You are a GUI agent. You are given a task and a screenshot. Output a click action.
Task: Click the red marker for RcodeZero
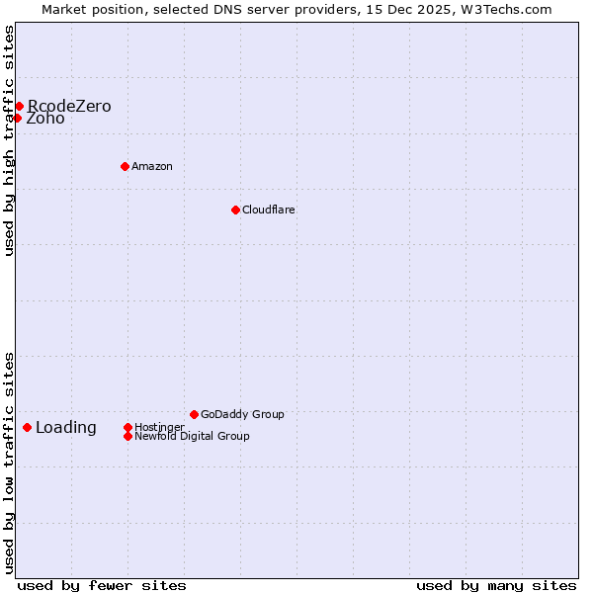click(19, 106)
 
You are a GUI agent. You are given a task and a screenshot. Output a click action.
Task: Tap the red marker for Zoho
click(17, 119)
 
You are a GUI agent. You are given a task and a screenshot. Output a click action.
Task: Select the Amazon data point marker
click(125, 166)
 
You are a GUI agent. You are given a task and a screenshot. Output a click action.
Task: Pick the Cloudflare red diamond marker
click(235, 210)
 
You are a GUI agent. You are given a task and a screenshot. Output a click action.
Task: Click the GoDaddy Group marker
click(194, 414)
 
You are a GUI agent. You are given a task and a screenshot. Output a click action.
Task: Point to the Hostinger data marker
click(127, 427)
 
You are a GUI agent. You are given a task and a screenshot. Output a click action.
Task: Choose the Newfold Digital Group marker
click(127, 436)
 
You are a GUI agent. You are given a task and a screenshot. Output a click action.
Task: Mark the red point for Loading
click(27, 427)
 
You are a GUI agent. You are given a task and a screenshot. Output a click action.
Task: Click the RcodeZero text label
click(69, 106)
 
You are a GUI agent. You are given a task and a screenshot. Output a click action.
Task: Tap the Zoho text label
click(45, 119)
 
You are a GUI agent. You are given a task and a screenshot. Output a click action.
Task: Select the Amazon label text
click(152, 166)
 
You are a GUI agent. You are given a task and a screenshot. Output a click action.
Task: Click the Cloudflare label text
click(269, 210)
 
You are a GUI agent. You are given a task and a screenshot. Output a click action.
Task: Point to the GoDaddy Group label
click(242, 414)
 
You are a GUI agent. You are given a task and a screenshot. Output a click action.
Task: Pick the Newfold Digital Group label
click(192, 436)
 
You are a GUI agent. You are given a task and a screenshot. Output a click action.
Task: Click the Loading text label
click(66, 427)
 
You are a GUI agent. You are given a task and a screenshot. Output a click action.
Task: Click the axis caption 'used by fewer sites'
click(102, 585)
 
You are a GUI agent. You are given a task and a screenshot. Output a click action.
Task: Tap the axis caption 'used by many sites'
click(496, 585)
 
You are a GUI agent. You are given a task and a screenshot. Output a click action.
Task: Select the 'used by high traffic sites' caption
click(9, 140)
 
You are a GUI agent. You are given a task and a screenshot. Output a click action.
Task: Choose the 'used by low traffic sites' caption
click(9, 463)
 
